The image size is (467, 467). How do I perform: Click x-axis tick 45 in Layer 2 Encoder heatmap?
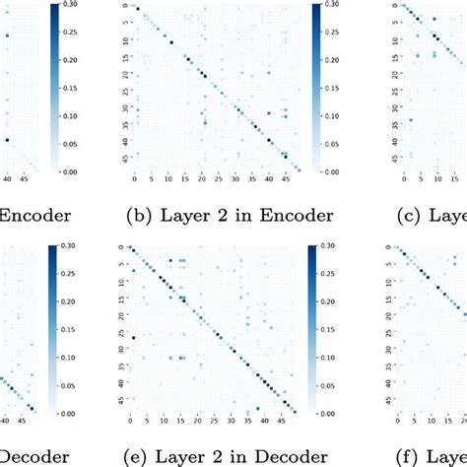tap(284, 181)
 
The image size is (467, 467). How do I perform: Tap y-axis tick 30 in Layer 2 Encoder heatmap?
tap(120, 106)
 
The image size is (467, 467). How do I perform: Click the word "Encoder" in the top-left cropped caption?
tap(34, 217)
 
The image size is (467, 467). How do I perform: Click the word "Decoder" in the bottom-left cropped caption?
tap(34, 455)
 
